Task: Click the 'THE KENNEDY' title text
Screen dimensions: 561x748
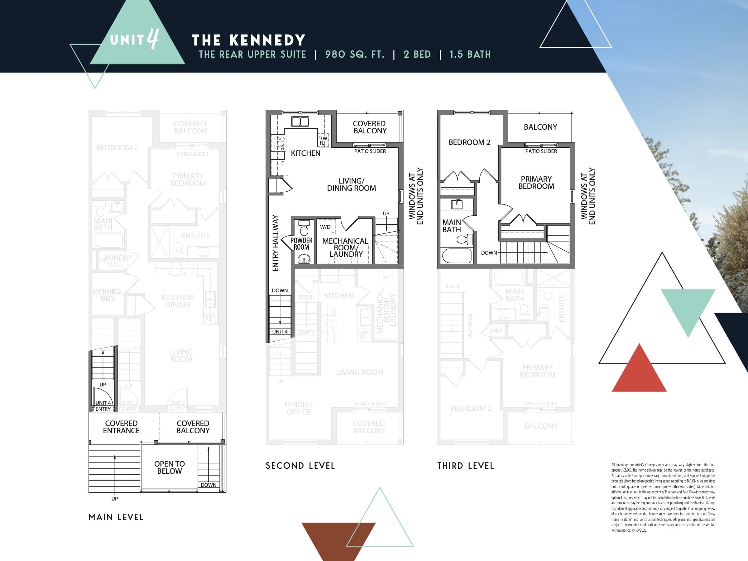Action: (x=248, y=40)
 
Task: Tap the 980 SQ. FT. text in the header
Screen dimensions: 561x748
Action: (x=354, y=55)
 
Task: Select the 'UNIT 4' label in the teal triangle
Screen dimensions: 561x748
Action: (x=134, y=40)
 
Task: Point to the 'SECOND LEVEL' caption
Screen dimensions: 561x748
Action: (x=300, y=466)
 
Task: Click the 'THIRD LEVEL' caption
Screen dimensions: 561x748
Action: (x=465, y=466)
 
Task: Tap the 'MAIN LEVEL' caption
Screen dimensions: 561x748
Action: (x=116, y=517)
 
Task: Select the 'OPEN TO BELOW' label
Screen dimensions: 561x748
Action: (x=170, y=467)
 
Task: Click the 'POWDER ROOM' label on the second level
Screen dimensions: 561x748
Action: (x=301, y=243)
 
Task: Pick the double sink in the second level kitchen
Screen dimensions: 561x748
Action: (x=300, y=122)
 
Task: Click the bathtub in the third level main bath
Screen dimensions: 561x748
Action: (x=457, y=256)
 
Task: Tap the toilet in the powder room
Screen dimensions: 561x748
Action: (x=304, y=228)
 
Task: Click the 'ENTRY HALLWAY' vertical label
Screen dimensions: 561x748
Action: (x=276, y=243)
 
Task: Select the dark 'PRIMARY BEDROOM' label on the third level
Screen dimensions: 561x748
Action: (x=536, y=183)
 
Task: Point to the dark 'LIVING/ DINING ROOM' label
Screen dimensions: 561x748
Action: (x=351, y=185)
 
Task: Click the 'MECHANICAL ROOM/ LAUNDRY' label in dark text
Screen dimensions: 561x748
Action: (x=345, y=247)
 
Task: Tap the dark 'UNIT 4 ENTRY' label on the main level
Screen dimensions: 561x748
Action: (x=103, y=406)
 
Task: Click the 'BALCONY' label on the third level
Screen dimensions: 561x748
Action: (x=540, y=127)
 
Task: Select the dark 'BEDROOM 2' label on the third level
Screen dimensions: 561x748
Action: (x=469, y=142)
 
